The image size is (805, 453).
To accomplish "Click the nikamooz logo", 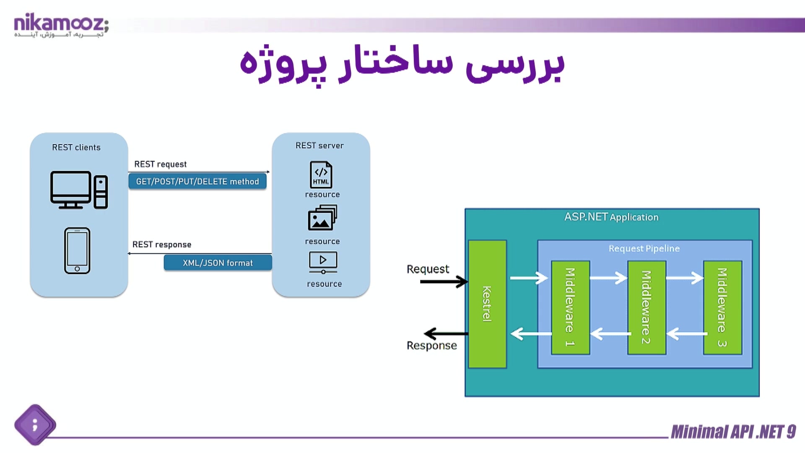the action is pos(61,25).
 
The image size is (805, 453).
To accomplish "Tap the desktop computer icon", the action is pos(79,190).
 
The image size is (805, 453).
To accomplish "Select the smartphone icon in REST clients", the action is pos(77,251).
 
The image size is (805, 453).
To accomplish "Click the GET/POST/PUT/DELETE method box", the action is pos(197,182).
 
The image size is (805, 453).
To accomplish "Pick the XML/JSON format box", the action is pos(218,263).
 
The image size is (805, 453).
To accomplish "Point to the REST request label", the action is pos(160,164).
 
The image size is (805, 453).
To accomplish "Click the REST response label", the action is pos(162,245).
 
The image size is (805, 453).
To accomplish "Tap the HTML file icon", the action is pos(321,174).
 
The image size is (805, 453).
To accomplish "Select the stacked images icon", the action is pos(322,218).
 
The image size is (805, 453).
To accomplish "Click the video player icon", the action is pos(323,262).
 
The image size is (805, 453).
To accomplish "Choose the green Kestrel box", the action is pos(487,304).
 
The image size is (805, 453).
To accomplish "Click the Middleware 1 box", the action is pos(570,307).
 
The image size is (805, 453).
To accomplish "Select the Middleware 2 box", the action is pos(647,307).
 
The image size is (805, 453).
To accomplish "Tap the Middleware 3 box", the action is pos(722,307).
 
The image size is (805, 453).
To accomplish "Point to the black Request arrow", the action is pos(444,281).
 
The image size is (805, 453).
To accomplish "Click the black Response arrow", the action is pos(446,334).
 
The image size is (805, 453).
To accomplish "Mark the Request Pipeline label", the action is pos(644,249).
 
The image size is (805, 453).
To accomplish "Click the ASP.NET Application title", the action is pos(611,217).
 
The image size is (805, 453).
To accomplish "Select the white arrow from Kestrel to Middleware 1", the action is pos(529,278).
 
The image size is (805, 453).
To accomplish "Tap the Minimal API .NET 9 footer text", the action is pos(733,432).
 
